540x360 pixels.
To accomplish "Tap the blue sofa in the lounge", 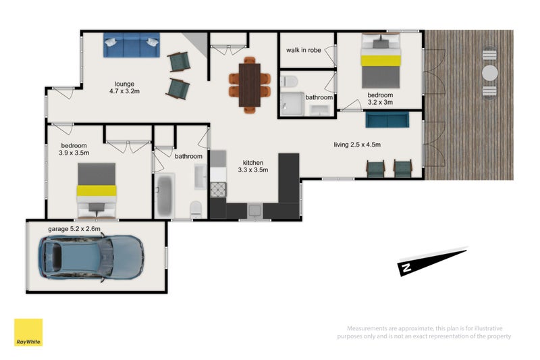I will [x=131, y=46].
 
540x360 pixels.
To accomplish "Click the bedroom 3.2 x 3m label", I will [x=380, y=99].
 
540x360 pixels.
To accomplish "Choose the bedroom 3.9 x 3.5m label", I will [x=75, y=149].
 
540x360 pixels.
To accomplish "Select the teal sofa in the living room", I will [x=387, y=120].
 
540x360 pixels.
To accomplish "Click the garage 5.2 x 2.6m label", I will [x=74, y=229].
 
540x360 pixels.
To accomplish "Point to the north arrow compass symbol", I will [x=431, y=261].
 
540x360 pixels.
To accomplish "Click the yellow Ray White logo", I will [x=28, y=333].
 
